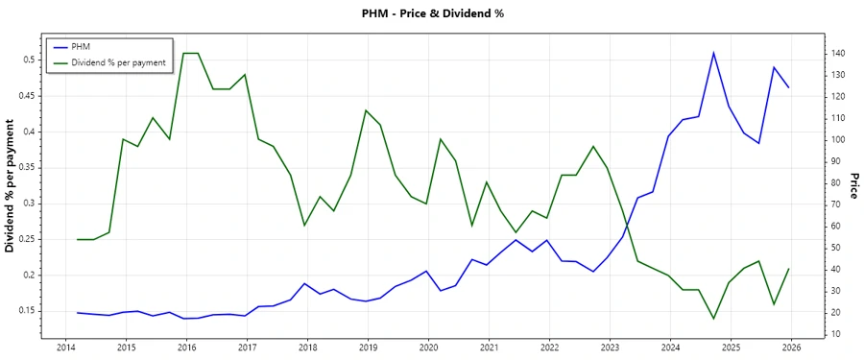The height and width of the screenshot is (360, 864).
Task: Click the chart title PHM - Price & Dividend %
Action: point(431,13)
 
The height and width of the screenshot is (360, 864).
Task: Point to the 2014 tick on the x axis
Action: point(65,347)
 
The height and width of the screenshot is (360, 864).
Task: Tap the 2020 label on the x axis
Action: point(428,347)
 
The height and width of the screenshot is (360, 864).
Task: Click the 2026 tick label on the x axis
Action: point(791,347)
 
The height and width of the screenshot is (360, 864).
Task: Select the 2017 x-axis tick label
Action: point(247,347)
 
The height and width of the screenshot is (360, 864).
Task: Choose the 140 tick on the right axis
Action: point(840,53)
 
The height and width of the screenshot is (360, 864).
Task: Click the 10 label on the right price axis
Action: point(837,334)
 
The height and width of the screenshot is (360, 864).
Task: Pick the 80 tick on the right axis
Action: point(837,182)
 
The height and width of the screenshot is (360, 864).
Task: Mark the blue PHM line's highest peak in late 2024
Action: point(713,52)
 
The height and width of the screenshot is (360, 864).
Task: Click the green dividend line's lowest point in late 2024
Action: point(713,319)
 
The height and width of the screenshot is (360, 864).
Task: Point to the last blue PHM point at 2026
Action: point(789,87)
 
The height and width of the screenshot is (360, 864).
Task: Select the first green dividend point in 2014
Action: point(78,239)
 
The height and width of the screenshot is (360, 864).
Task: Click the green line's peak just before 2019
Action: point(366,110)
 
